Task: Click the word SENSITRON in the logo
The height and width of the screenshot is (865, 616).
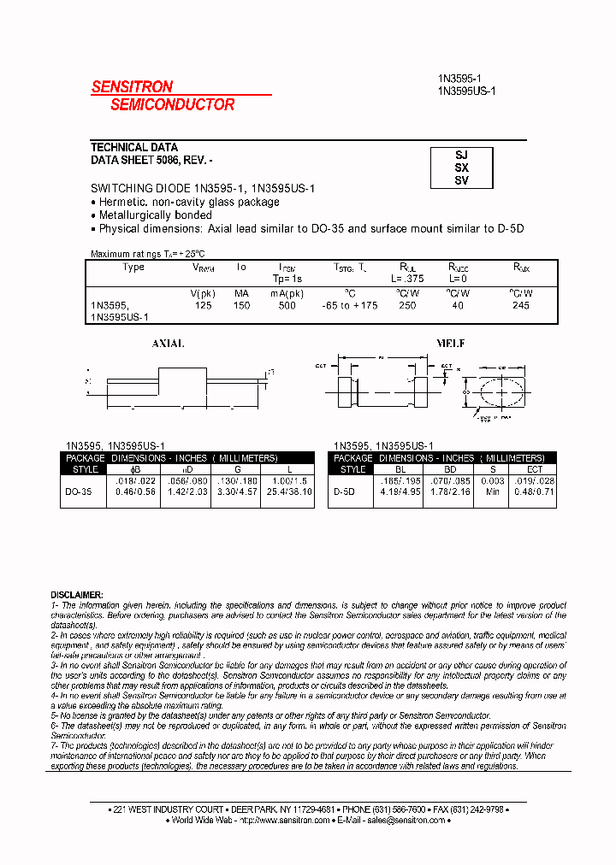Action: coord(132,86)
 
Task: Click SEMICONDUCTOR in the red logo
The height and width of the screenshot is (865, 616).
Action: coord(172,104)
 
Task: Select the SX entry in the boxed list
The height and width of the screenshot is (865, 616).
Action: coord(461,168)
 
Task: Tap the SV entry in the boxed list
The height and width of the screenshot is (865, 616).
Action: coord(461,180)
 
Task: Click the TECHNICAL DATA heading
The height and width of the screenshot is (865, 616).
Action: coord(134,147)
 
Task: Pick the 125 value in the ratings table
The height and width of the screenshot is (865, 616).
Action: coord(203,306)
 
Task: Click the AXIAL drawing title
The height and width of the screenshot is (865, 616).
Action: coord(168,344)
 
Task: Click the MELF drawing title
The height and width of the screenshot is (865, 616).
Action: coord(451,344)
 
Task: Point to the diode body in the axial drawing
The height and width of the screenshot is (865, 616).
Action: coord(181,380)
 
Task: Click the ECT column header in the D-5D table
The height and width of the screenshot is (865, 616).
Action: coord(535,469)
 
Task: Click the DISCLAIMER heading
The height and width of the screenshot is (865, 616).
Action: coord(77,594)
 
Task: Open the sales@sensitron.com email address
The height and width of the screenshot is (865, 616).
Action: coord(406,820)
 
